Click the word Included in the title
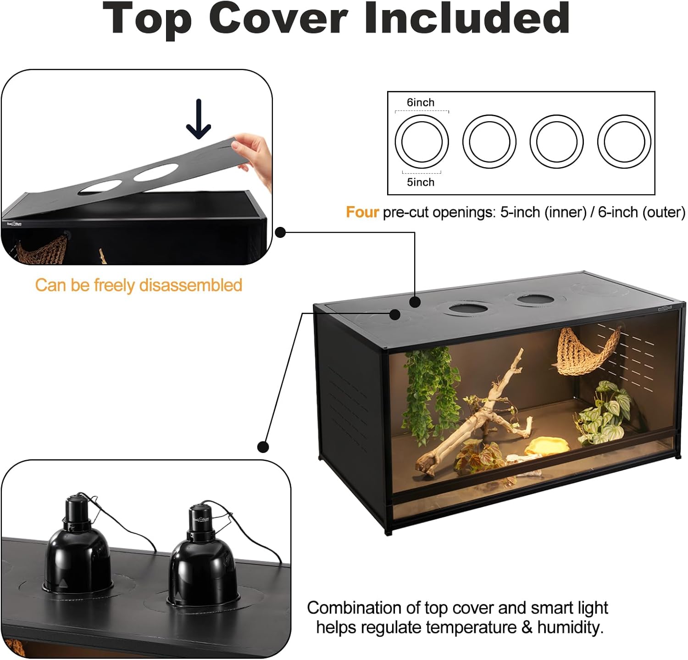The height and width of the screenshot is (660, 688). coord(467,18)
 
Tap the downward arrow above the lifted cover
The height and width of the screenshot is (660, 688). coord(199,119)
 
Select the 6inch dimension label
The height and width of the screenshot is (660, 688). coord(420,102)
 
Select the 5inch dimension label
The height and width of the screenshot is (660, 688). coord(421,182)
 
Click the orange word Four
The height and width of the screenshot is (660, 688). coord(362,212)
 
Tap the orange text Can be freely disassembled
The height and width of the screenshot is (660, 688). coord(139,285)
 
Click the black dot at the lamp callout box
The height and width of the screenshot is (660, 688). coord(263,446)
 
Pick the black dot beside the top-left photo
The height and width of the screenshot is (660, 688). coord(280,232)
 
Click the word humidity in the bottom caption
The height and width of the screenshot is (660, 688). coord(568,627)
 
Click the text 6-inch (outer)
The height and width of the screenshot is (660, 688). coord(642,212)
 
